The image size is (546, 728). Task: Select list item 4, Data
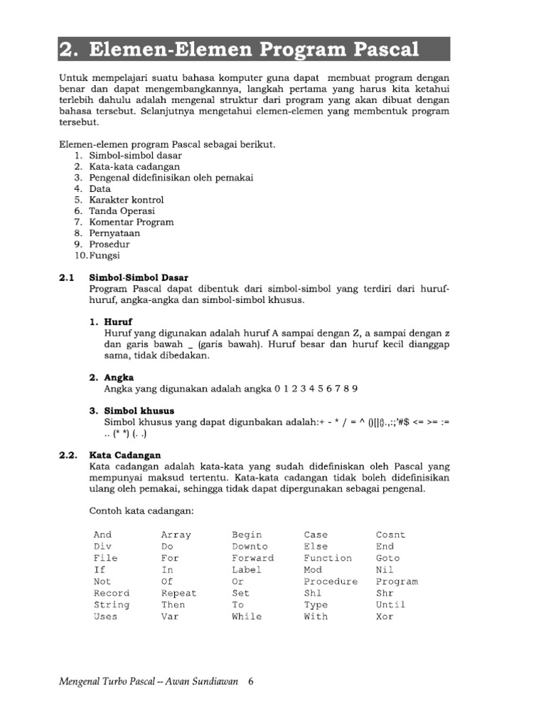[x=100, y=188]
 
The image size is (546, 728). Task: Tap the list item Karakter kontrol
[x=126, y=200]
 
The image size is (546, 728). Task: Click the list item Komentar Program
[x=131, y=222]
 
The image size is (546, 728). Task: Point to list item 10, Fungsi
[x=105, y=255]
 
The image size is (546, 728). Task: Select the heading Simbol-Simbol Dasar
[x=138, y=277]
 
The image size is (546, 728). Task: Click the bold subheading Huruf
[x=119, y=322]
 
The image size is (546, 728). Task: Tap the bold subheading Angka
[x=119, y=378]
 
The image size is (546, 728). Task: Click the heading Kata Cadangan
[x=125, y=455]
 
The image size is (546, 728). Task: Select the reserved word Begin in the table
[x=247, y=535]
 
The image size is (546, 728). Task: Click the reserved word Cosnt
[x=390, y=535]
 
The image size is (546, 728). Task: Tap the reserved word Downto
[x=250, y=547]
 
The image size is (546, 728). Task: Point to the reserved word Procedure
[x=331, y=582]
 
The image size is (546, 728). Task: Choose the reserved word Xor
[x=385, y=616]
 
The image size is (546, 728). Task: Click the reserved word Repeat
[x=178, y=593]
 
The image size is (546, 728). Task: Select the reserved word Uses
[x=105, y=616]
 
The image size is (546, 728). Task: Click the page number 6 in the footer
[x=250, y=681]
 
